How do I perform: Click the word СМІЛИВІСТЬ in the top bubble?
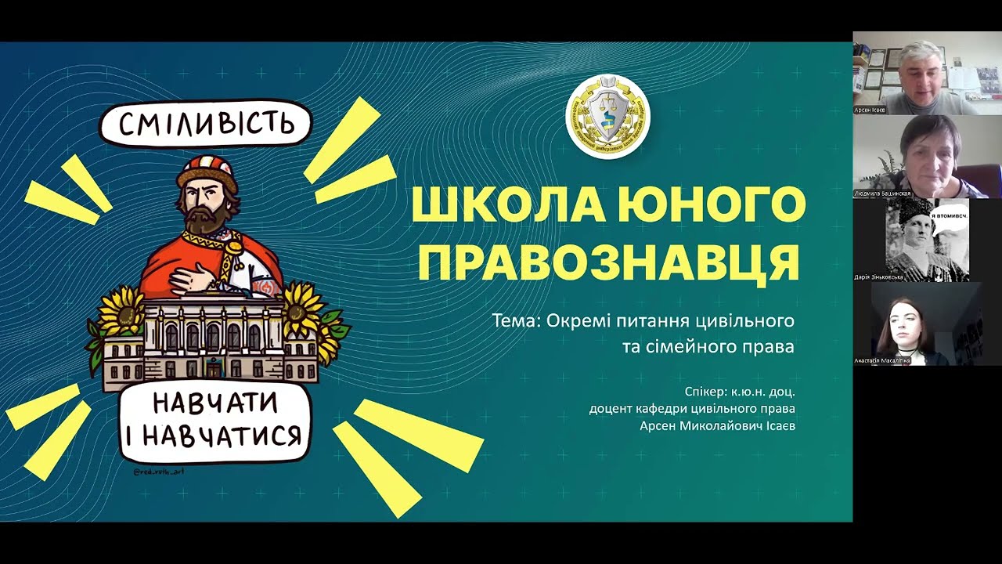207,125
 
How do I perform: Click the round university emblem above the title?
607,117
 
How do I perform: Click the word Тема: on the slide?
517,321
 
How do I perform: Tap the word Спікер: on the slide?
705,391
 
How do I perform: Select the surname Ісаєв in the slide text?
773,426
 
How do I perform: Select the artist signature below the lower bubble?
159,472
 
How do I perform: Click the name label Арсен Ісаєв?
870,110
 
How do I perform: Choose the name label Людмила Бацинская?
882,193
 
